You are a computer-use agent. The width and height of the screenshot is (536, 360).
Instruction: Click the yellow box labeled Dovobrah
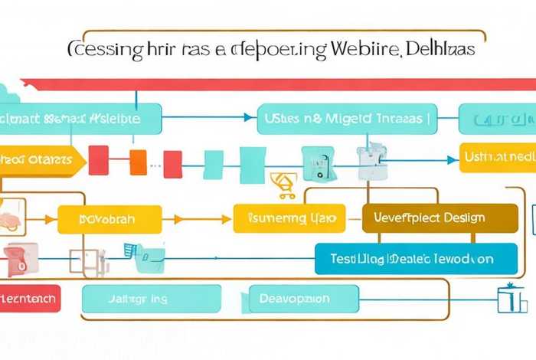[x=109, y=219]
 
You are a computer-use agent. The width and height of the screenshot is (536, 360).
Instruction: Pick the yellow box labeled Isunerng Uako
[x=289, y=219]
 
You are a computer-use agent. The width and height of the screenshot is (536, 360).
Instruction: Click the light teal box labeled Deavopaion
[x=295, y=298]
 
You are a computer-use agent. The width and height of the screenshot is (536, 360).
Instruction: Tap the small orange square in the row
[x=138, y=162]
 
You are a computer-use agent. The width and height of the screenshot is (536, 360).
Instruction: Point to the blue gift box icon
[x=507, y=299]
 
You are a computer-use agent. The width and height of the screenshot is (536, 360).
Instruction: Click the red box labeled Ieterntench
[x=29, y=298]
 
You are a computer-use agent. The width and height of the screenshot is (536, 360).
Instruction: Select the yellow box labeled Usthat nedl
[x=498, y=157]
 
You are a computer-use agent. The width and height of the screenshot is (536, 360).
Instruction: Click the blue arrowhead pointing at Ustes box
[x=247, y=118]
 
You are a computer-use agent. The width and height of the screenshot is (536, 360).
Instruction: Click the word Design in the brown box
[x=463, y=218]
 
